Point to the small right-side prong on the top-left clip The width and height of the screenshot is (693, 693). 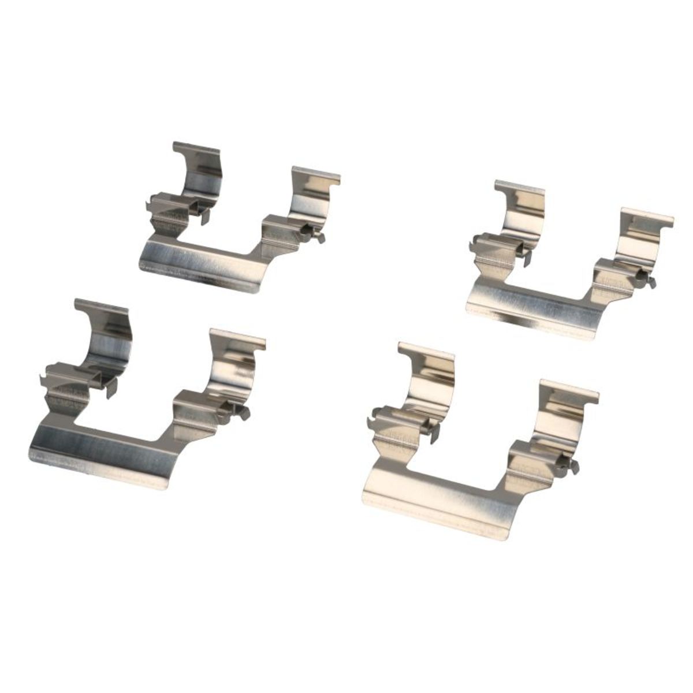(x=312, y=235)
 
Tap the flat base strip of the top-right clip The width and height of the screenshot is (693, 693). (x=531, y=303)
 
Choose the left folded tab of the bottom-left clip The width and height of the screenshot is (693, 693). (x=64, y=375)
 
